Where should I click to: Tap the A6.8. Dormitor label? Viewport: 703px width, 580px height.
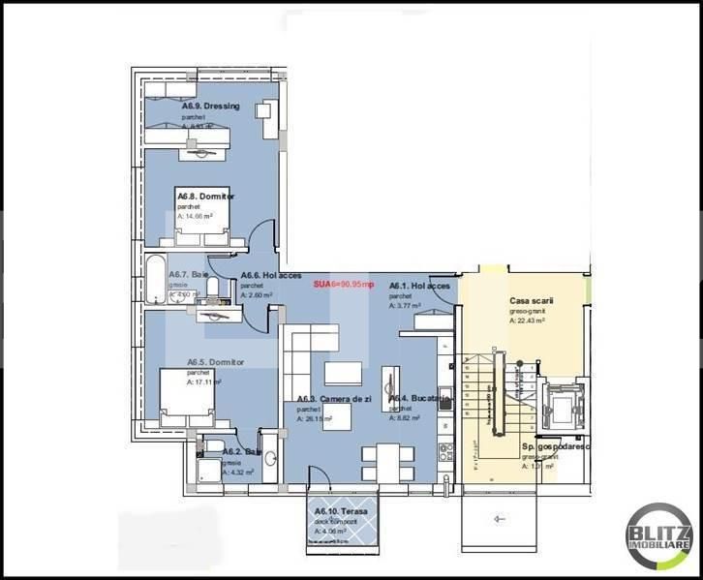205,197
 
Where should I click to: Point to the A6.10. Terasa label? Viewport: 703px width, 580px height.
336,510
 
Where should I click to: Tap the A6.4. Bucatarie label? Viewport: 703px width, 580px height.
420,399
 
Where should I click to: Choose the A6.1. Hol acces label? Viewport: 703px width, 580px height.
419,287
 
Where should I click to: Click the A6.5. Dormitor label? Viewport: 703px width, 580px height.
216,362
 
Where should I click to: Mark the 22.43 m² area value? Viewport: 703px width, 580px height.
531,320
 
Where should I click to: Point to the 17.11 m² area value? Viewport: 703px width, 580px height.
206,382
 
